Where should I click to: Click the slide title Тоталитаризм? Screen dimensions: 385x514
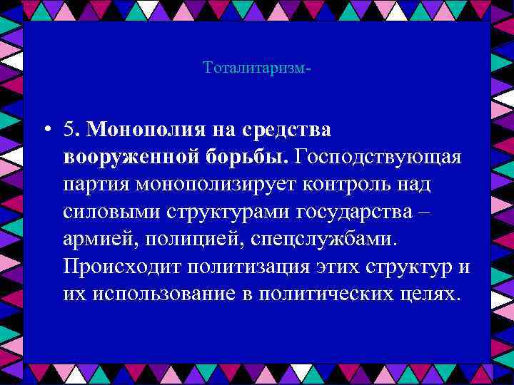click(x=256, y=68)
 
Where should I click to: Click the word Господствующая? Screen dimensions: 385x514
click(x=379, y=157)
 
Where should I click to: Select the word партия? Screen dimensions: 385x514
click(x=97, y=185)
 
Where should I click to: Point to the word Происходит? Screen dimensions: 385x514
click(x=121, y=266)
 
